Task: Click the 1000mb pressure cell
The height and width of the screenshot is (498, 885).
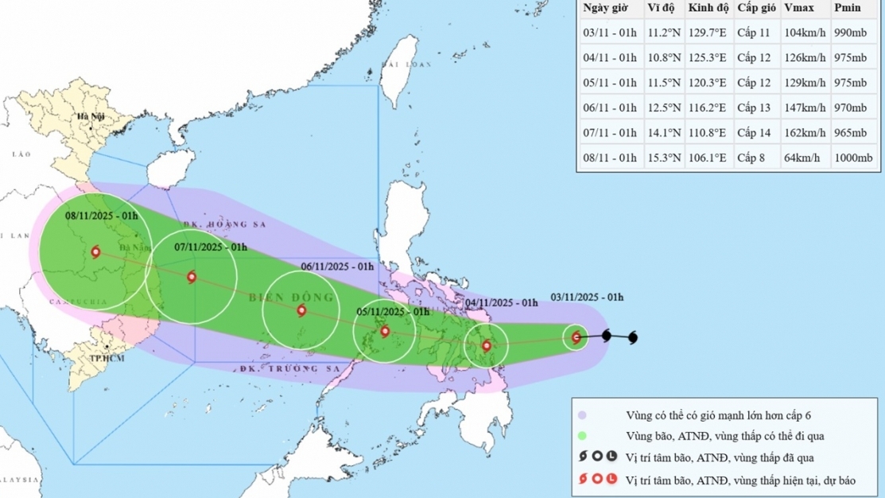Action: (x=852, y=158)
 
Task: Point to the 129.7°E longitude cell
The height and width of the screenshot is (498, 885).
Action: (x=707, y=33)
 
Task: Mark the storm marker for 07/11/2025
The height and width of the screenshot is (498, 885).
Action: (x=191, y=277)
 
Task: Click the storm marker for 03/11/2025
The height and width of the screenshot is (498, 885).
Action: (x=577, y=337)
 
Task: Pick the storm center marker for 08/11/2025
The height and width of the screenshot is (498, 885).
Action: (x=95, y=252)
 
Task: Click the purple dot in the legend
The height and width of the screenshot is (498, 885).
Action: (x=582, y=414)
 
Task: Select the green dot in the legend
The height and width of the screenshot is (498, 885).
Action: (x=582, y=435)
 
